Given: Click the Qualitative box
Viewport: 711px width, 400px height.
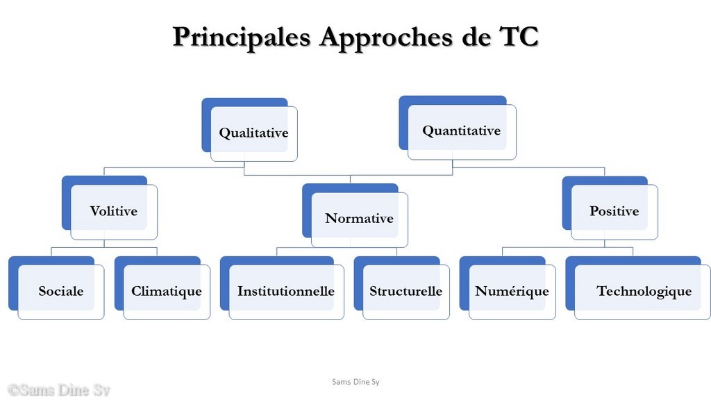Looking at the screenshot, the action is click(250, 130).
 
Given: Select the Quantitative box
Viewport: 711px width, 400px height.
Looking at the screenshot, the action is click(458, 128).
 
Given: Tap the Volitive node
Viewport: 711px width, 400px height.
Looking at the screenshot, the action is click(110, 208).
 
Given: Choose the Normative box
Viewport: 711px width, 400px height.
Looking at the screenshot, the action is click(355, 215).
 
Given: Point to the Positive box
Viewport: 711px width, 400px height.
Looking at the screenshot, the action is click(610, 208).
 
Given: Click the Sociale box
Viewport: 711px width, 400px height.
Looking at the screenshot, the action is click(56, 288).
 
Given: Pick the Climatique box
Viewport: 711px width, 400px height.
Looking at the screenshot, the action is click(162, 288).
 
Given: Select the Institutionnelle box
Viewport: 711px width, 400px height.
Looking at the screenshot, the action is click(282, 288).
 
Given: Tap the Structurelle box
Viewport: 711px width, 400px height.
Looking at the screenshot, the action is click(402, 288).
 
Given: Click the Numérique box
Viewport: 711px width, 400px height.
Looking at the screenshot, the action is click(508, 288).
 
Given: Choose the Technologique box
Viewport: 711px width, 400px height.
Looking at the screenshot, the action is click(638, 288).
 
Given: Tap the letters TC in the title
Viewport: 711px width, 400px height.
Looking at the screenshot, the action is click(519, 36).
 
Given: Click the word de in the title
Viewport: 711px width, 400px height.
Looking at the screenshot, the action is click(476, 36).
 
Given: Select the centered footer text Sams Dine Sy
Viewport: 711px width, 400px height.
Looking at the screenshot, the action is click(355, 382).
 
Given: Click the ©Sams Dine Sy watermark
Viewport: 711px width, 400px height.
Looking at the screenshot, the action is click(59, 390).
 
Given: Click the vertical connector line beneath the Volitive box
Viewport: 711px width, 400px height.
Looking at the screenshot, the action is click(104, 244).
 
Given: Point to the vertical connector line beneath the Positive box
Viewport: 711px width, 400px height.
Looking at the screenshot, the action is click(605, 244).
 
